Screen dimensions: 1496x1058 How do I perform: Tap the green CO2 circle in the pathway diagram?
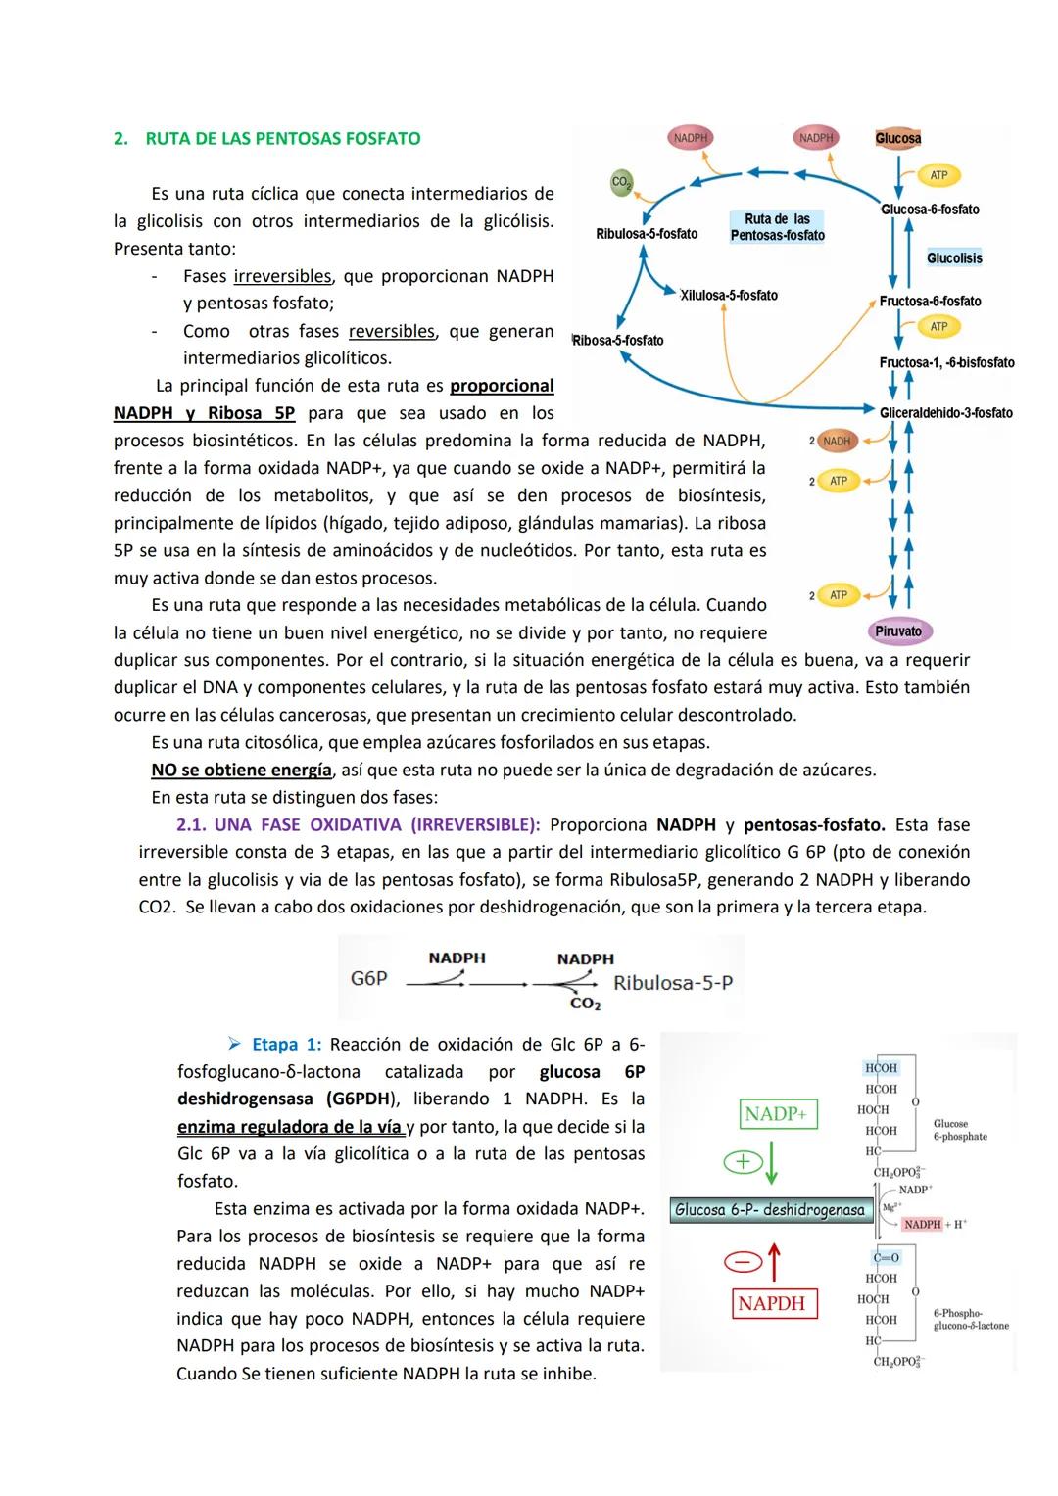621,182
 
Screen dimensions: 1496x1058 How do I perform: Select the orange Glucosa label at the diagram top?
897,139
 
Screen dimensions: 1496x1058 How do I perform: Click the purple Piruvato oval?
898,631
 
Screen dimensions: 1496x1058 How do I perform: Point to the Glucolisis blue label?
954,258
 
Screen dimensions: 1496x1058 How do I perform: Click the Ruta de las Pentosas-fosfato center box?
777,227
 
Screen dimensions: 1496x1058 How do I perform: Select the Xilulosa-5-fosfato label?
729,296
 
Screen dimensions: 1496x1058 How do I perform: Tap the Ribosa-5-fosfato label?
618,341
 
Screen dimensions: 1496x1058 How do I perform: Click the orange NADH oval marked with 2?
836,442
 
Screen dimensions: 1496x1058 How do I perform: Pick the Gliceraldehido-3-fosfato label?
945,413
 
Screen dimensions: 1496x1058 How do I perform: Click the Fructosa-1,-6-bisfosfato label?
946,363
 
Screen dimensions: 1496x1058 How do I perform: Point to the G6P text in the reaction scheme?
369,978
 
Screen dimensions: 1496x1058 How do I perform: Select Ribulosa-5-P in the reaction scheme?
673,982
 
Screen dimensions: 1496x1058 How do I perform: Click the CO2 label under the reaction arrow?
585,1004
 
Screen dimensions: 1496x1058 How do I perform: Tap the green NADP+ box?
776,1114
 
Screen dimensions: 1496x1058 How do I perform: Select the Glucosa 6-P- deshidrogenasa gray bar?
770,1210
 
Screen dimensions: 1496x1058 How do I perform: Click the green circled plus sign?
742,1162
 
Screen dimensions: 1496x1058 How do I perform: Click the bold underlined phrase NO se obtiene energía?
241,771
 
